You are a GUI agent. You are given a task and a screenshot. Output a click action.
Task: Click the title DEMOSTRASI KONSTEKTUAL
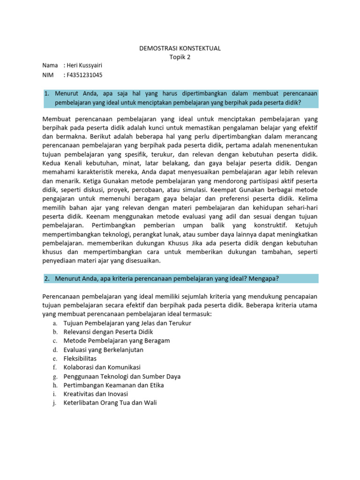pos(180,48)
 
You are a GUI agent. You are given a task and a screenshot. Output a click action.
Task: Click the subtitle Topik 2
pos(180,57)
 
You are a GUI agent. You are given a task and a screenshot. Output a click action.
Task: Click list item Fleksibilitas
pos(80,359)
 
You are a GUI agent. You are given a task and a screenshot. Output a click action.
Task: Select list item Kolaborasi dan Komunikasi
pos(102,367)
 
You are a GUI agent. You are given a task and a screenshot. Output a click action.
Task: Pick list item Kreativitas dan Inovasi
pos(96,394)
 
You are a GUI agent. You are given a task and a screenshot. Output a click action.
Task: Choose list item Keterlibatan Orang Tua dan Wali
pos(110,403)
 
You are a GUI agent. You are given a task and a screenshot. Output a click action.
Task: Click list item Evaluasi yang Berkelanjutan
pos(103,350)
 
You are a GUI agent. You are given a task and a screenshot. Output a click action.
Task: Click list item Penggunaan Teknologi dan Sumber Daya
pos(122,376)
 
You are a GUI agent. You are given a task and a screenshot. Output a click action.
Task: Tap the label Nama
pos(50,66)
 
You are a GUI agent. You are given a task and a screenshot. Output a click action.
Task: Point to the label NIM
pos(49,75)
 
